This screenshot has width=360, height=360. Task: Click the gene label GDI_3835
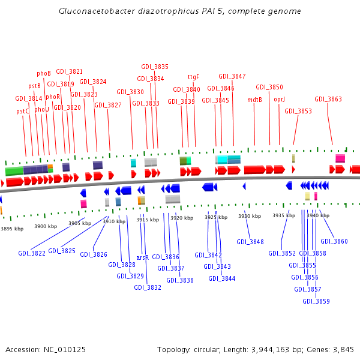pos(155,67)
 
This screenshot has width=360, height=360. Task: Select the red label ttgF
pos(193,77)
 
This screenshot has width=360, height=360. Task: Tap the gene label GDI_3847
pos(232,76)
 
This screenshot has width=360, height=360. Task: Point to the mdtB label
pos(254,100)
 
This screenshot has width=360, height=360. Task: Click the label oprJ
pos(279,99)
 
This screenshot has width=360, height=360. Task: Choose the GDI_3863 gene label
pos(328,99)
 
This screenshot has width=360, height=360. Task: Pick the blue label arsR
pos(142,257)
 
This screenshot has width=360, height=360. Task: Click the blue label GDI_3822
pos(31,253)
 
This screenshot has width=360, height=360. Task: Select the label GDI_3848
pos(250,242)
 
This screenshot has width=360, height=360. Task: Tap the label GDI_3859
pos(316,301)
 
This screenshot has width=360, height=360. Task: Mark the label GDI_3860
pos(334,241)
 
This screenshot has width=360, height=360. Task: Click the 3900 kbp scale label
pos(46,226)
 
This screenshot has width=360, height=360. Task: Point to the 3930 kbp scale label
pos(250,216)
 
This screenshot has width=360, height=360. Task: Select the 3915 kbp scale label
pos(148,220)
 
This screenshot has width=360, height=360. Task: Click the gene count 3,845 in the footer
pos(341,349)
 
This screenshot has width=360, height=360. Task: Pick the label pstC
pos(23,111)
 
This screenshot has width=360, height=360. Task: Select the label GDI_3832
pos(148,287)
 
